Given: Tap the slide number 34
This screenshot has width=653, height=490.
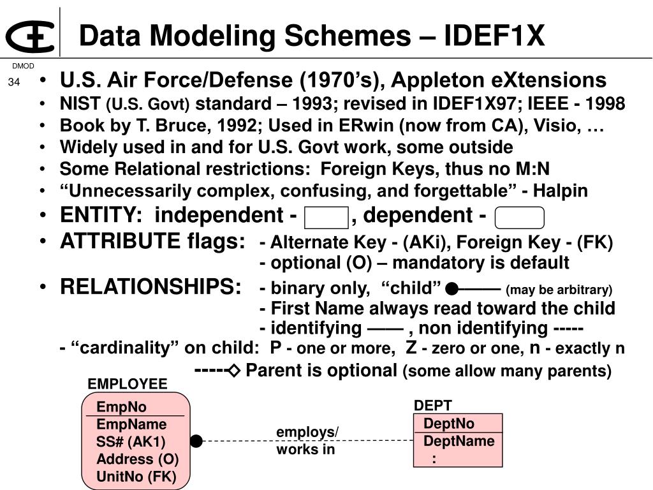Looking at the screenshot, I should click(x=14, y=82).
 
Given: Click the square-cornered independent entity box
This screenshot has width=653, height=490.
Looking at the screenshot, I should click(x=326, y=218).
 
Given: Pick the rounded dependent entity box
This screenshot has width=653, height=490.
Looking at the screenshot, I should click(x=519, y=218).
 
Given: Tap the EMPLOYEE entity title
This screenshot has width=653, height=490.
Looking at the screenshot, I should click(x=127, y=383).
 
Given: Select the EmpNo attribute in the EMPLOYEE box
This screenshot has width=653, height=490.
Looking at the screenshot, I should click(x=121, y=407).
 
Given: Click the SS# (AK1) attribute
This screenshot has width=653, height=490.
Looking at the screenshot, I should click(x=131, y=442).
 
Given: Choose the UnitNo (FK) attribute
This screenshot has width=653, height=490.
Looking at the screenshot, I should click(x=136, y=476).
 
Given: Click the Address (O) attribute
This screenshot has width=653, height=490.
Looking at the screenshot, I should click(x=137, y=459).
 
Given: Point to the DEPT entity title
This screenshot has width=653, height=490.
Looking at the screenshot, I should click(x=433, y=406).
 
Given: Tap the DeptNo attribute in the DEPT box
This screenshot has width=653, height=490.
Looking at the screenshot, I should click(x=449, y=424).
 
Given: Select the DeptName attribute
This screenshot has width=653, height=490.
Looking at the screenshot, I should click(x=459, y=441).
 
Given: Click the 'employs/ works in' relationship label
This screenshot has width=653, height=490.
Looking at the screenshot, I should click(x=307, y=441).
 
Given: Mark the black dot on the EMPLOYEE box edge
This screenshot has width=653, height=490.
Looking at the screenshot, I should click(x=196, y=441).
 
